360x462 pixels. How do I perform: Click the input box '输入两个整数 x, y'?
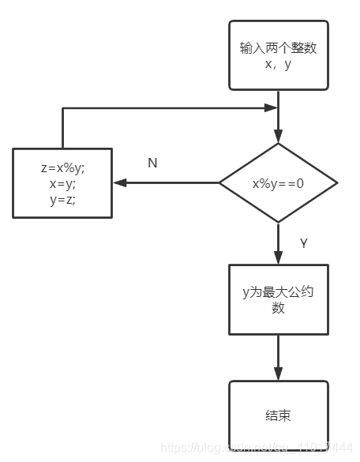point(278,55)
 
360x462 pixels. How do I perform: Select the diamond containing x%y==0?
point(278,183)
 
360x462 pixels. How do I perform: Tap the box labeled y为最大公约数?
point(278,300)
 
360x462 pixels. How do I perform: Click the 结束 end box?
point(278,414)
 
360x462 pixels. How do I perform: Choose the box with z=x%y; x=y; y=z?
point(62,183)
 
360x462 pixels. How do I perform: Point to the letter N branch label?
point(152,163)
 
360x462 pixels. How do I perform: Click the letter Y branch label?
point(303,243)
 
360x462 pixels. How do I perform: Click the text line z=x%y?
point(62,168)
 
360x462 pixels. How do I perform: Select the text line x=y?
point(62,183)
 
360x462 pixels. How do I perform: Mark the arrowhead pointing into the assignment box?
point(118,183)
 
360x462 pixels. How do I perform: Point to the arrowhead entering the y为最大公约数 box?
point(278,258)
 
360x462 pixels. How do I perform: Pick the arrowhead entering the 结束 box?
point(278,374)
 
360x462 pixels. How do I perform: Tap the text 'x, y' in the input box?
point(278,64)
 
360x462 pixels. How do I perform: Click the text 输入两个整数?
point(278,47)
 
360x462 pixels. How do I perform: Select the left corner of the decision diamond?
point(220,183)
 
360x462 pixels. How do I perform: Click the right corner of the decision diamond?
point(336,183)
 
